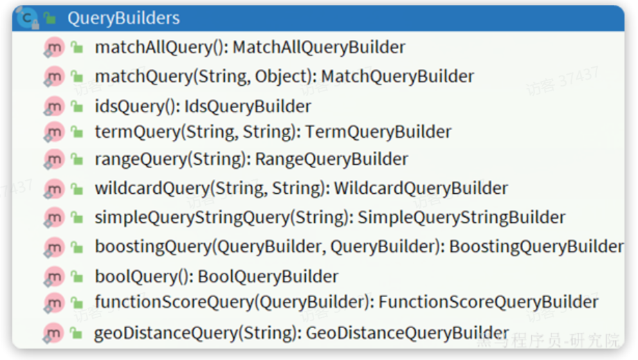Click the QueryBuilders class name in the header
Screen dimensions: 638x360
(x=124, y=18)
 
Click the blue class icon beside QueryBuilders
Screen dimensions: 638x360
(x=27, y=18)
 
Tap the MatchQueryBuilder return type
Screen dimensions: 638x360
(x=397, y=76)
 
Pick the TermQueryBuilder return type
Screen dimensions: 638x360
(x=379, y=132)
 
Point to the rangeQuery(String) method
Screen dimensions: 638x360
(x=172, y=159)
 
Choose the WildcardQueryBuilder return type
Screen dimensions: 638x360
(x=421, y=188)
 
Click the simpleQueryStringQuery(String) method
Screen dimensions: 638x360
(x=224, y=217)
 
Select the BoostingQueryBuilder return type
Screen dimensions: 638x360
(x=536, y=246)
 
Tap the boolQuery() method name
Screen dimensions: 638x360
(x=142, y=276)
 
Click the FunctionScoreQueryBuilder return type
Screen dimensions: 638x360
(x=489, y=302)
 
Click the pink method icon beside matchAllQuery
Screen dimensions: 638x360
(x=54, y=48)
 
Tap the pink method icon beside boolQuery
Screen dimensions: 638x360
(x=54, y=277)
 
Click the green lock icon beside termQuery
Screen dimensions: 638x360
(x=77, y=132)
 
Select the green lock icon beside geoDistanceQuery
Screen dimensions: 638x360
(x=76, y=333)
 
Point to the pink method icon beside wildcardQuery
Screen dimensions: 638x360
(x=54, y=188)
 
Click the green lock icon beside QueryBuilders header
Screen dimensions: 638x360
(x=50, y=18)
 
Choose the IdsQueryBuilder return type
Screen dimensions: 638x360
(x=248, y=107)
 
